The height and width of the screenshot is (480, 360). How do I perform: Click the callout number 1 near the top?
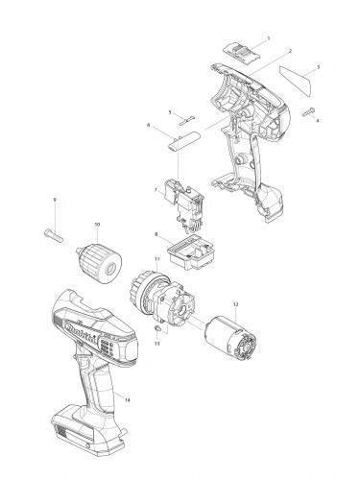(267, 37)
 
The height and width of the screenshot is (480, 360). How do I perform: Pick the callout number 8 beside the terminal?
(156, 233)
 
